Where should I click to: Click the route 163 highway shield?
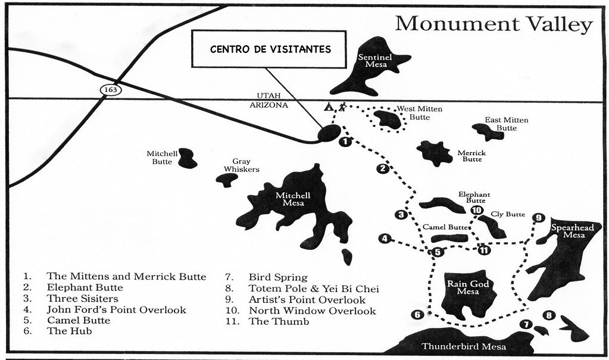(111, 90)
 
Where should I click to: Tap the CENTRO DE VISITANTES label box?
(268, 49)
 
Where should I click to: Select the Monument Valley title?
(494, 24)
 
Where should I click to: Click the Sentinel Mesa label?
(375, 61)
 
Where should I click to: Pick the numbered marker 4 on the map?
(385, 239)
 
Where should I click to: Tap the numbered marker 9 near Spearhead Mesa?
(538, 218)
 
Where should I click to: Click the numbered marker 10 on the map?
(477, 210)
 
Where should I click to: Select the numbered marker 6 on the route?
(417, 315)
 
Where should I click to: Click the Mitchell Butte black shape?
(187, 158)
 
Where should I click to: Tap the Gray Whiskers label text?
(241, 165)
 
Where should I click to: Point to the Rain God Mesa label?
(468, 287)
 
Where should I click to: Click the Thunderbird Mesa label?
(464, 346)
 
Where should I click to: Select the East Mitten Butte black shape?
(488, 132)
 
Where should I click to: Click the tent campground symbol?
(329, 107)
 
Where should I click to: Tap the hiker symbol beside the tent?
(342, 107)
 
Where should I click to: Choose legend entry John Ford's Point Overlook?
(117, 310)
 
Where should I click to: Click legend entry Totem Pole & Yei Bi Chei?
(314, 289)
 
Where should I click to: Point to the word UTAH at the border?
(268, 96)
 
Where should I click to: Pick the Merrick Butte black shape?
(435, 153)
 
